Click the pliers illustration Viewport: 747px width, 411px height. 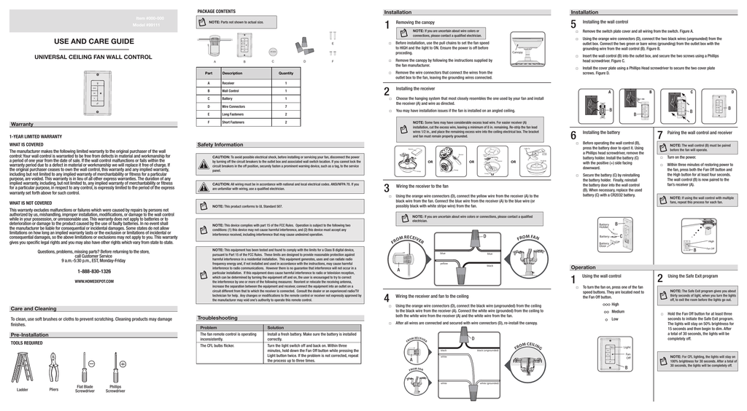[53, 368]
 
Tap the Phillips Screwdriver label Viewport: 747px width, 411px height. [115, 388]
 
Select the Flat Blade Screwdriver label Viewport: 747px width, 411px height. [85, 388]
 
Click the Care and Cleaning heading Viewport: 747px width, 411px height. [34, 309]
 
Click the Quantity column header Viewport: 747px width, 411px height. [286, 73]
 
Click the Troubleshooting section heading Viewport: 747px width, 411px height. [217, 318]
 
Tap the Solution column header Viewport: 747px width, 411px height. [276, 328]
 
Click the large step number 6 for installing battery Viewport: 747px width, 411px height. [573, 136]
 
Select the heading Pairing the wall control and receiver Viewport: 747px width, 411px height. [699, 133]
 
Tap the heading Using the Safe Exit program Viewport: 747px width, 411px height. [692, 276]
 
